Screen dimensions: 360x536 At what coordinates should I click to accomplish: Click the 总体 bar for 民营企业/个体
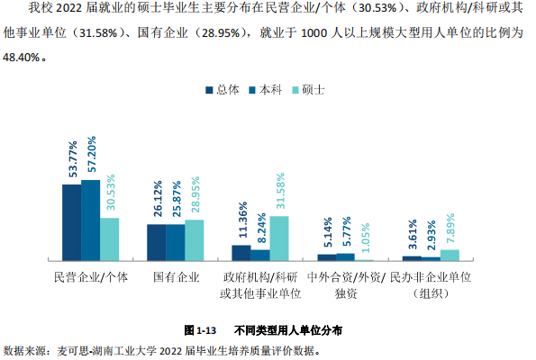[71, 222]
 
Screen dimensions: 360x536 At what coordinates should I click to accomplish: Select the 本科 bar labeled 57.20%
[90, 220]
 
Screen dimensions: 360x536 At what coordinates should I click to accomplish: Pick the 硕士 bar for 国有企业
[195, 240]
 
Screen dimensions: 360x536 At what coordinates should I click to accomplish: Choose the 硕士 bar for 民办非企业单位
[450, 256]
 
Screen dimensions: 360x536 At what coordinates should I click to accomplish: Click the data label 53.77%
[71, 159]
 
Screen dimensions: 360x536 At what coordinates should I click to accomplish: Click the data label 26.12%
[157, 200]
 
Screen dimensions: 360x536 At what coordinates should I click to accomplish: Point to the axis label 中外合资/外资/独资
[347, 285]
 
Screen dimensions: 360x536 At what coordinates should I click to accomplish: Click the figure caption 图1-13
[203, 330]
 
